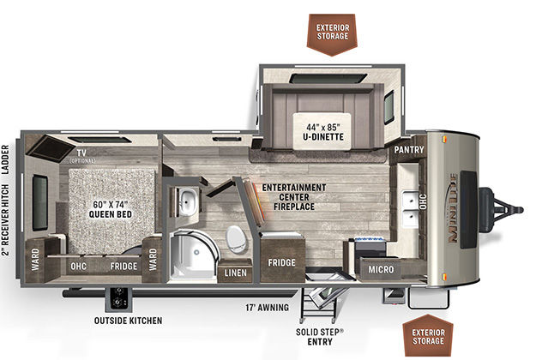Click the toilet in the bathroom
click(236, 238)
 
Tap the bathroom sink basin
click(187, 201)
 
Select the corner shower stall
click(193, 255)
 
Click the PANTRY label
click(409, 150)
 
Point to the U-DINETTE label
click(323, 137)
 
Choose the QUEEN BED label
click(111, 214)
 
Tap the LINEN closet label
click(236, 273)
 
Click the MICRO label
click(381, 269)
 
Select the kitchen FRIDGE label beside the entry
click(281, 262)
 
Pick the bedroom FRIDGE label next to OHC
click(123, 266)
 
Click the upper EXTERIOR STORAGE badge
click(333, 34)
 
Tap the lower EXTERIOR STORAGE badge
click(428, 336)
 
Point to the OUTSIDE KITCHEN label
click(128, 321)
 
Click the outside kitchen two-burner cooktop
click(118, 298)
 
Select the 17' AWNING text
click(267, 308)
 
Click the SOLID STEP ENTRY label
click(320, 337)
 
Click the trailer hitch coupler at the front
click(505, 209)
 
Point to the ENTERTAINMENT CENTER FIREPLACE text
click(294, 197)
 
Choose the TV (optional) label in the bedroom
click(81, 156)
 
